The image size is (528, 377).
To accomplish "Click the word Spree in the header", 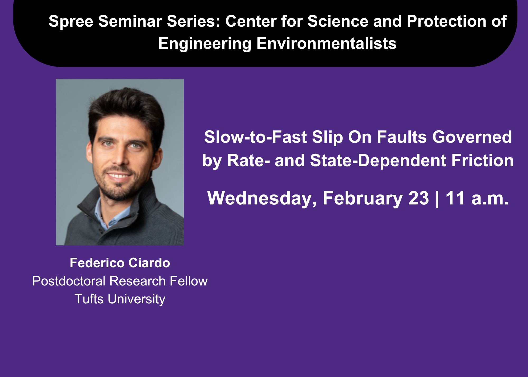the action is coord(71,22).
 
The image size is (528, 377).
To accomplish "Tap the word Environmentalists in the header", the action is coord(327,43).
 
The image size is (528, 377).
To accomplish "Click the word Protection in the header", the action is coord(446,21).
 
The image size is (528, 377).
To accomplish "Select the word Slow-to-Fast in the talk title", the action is coord(255,137).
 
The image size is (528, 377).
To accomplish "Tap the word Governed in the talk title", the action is coord(472,137).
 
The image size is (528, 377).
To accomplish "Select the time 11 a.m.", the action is coord(477,198).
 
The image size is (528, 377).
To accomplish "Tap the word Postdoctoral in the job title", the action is coord(69,281).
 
